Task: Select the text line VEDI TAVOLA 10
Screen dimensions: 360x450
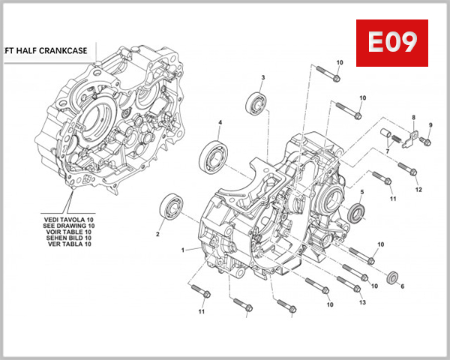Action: click(x=69, y=219)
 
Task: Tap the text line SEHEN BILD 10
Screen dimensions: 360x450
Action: click(x=69, y=238)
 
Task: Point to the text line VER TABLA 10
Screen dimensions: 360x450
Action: click(x=69, y=244)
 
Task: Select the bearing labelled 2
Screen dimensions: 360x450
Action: click(x=172, y=205)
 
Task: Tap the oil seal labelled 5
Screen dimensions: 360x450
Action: click(x=358, y=214)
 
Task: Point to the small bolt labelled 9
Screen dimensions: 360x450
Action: click(x=427, y=140)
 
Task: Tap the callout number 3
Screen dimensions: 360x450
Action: click(x=263, y=78)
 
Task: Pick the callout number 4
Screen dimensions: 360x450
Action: click(x=220, y=122)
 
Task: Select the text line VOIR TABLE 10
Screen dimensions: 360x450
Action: click(x=69, y=232)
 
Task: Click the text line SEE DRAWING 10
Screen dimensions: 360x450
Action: click(x=69, y=226)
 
